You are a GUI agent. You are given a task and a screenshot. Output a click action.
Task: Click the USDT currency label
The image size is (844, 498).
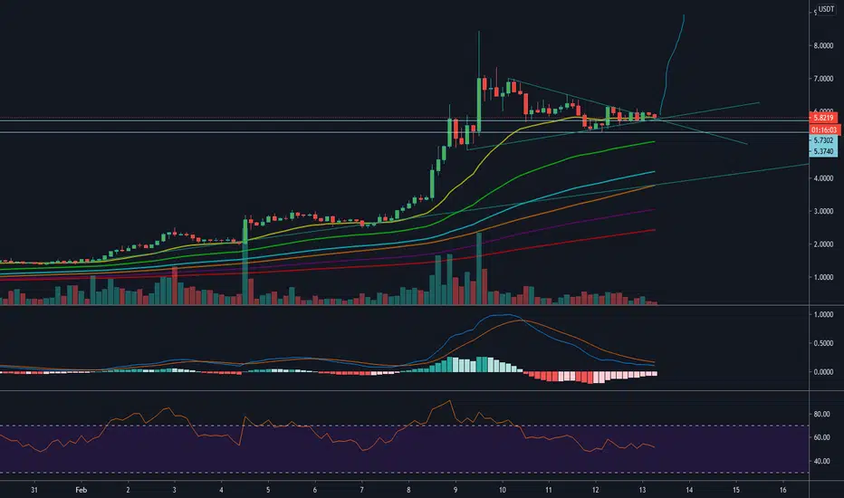826,9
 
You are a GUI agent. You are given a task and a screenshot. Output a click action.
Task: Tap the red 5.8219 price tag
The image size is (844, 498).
823,118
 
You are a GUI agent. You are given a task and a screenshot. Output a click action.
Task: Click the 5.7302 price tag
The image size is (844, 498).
823,140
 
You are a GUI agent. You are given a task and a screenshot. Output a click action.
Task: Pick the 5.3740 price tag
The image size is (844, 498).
823,151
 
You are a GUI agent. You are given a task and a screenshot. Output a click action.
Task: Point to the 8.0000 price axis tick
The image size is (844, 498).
823,46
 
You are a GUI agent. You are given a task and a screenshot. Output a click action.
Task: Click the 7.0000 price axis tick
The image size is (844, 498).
823,79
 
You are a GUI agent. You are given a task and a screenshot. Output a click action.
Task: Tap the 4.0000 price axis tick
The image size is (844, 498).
823,178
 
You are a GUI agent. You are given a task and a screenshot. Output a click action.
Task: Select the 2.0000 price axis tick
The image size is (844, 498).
823,244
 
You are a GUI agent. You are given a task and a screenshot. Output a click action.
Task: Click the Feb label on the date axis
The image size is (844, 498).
81,490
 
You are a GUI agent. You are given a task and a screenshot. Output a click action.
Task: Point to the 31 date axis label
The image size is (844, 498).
34,490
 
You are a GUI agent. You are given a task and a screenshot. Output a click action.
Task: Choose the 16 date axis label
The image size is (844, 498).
783,490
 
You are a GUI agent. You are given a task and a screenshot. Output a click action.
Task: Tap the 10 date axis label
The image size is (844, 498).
503,490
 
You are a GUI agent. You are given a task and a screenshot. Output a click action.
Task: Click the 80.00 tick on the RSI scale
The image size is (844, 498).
822,414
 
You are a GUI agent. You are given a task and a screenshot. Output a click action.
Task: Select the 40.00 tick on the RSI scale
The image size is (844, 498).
822,462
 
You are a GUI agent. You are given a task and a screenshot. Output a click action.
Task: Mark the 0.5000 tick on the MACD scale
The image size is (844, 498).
823,343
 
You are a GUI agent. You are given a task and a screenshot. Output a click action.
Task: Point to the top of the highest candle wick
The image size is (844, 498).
478,31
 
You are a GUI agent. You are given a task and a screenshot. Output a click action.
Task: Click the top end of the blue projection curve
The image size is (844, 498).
684,15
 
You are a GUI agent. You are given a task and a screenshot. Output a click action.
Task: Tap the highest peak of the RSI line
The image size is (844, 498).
449,400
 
